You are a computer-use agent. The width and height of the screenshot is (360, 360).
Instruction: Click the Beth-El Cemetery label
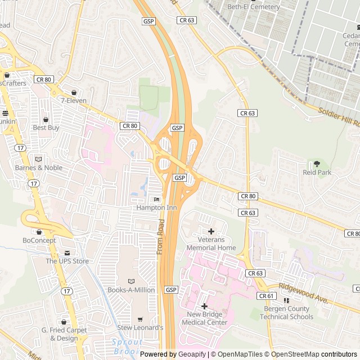[x=253, y=7]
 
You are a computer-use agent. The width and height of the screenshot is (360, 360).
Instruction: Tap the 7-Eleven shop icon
[x=74, y=93]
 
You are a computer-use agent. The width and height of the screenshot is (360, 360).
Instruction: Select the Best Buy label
[x=46, y=128]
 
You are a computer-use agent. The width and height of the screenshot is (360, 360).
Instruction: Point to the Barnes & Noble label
[x=38, y=168]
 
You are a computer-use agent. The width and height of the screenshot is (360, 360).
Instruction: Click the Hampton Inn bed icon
[x=156, y=200]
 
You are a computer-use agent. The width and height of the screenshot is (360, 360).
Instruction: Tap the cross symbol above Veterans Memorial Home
[x=211, y=231]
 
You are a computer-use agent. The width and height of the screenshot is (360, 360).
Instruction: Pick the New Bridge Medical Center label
[x=204, y=318]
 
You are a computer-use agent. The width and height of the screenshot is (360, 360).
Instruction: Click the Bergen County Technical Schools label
[x=286, y=313]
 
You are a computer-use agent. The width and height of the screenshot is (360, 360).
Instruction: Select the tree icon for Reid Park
[x=317, y=164]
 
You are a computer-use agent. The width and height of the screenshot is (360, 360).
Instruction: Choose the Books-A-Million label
[x=132, y=290]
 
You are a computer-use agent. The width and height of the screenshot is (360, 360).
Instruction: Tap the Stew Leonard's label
[x=140, y=327]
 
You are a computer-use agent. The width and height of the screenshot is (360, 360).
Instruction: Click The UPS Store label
[x=67, y=261]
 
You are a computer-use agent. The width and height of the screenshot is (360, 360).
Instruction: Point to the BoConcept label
[x=39, y=240]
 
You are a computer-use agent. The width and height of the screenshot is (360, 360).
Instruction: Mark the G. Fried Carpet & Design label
[x=64, y=334]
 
